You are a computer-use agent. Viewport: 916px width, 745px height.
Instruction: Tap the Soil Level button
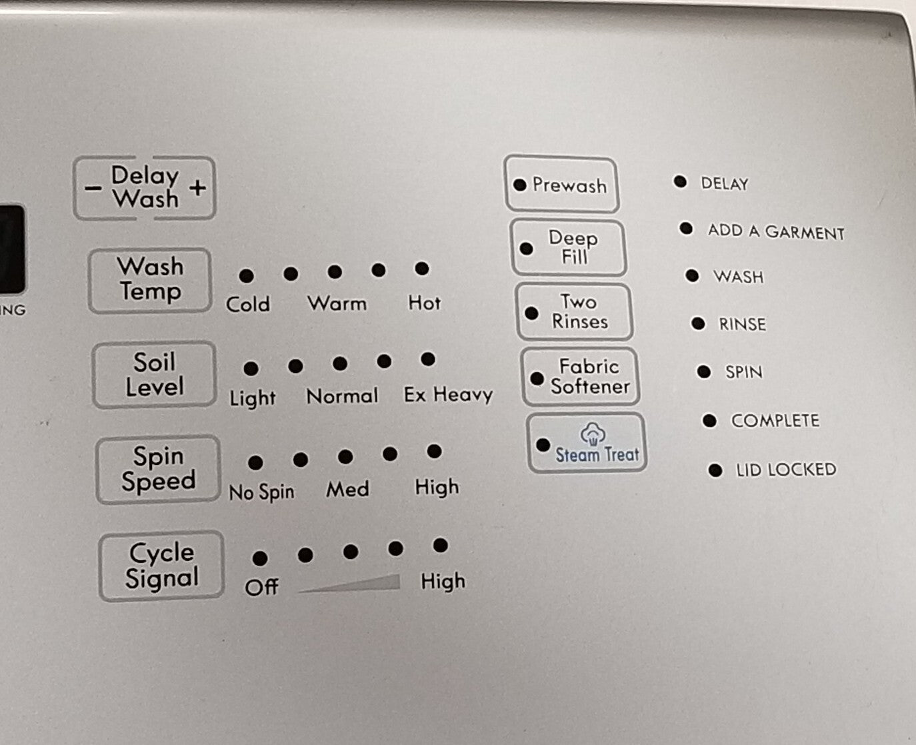pos(154,375)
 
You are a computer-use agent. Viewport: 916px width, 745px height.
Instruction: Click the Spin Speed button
pos(158,469)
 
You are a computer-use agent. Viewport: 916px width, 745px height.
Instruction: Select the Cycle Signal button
pos(161,566)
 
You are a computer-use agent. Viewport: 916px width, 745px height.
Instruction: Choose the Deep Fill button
pos(569,247)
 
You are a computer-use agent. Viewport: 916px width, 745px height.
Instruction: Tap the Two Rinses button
pos(575,312)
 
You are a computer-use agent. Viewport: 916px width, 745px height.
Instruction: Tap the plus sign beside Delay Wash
pos(197,187)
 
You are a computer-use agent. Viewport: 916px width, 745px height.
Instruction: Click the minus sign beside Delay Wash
pos(93,189)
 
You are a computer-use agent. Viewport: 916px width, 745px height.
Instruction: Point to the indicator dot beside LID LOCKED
pos(715,470)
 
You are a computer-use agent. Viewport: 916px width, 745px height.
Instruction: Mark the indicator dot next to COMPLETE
pos(709,421)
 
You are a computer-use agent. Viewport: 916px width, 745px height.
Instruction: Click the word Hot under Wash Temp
pos(425,303)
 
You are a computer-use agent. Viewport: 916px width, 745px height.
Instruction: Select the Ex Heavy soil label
pos(448,395)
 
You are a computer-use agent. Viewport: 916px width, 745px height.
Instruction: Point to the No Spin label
pos(261,492)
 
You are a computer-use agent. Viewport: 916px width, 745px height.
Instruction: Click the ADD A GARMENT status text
pos(776,232)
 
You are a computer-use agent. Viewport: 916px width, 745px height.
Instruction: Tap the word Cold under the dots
pos(248,305)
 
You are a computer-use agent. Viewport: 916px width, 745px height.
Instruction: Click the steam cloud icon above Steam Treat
pos(592,434)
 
